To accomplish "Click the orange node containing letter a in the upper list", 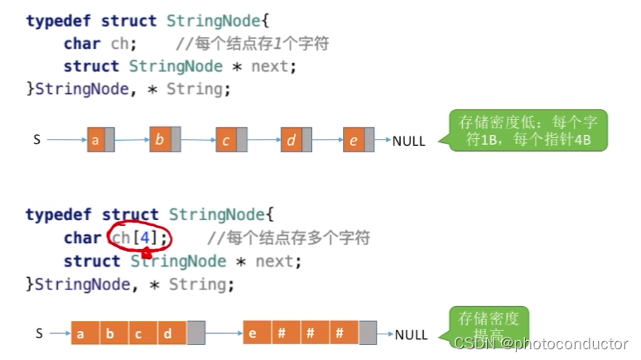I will tap(95, 141).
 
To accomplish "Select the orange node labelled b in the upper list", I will tap(159, 140).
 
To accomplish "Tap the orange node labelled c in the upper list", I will tap(225, 141).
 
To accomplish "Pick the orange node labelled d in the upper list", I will tap(291, 141).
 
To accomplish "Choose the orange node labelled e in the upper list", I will tap(354, 141).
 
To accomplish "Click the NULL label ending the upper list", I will tap(408, 141).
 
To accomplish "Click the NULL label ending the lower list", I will tap(411, 335).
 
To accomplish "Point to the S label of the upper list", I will tap(36, 140).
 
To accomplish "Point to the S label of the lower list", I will tap(38, 334).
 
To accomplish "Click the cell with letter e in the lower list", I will tap(254, 334).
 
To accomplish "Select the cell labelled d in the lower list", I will tap(168, 334).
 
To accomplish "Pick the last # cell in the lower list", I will tap(340, 334).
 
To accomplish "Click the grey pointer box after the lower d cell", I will tap(195, 334).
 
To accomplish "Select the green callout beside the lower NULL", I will tap(489, 324).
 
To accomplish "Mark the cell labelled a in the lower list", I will tap(81, 334).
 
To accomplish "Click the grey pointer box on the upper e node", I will tap(369, 141).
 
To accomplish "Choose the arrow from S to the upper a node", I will tap(66, 140).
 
